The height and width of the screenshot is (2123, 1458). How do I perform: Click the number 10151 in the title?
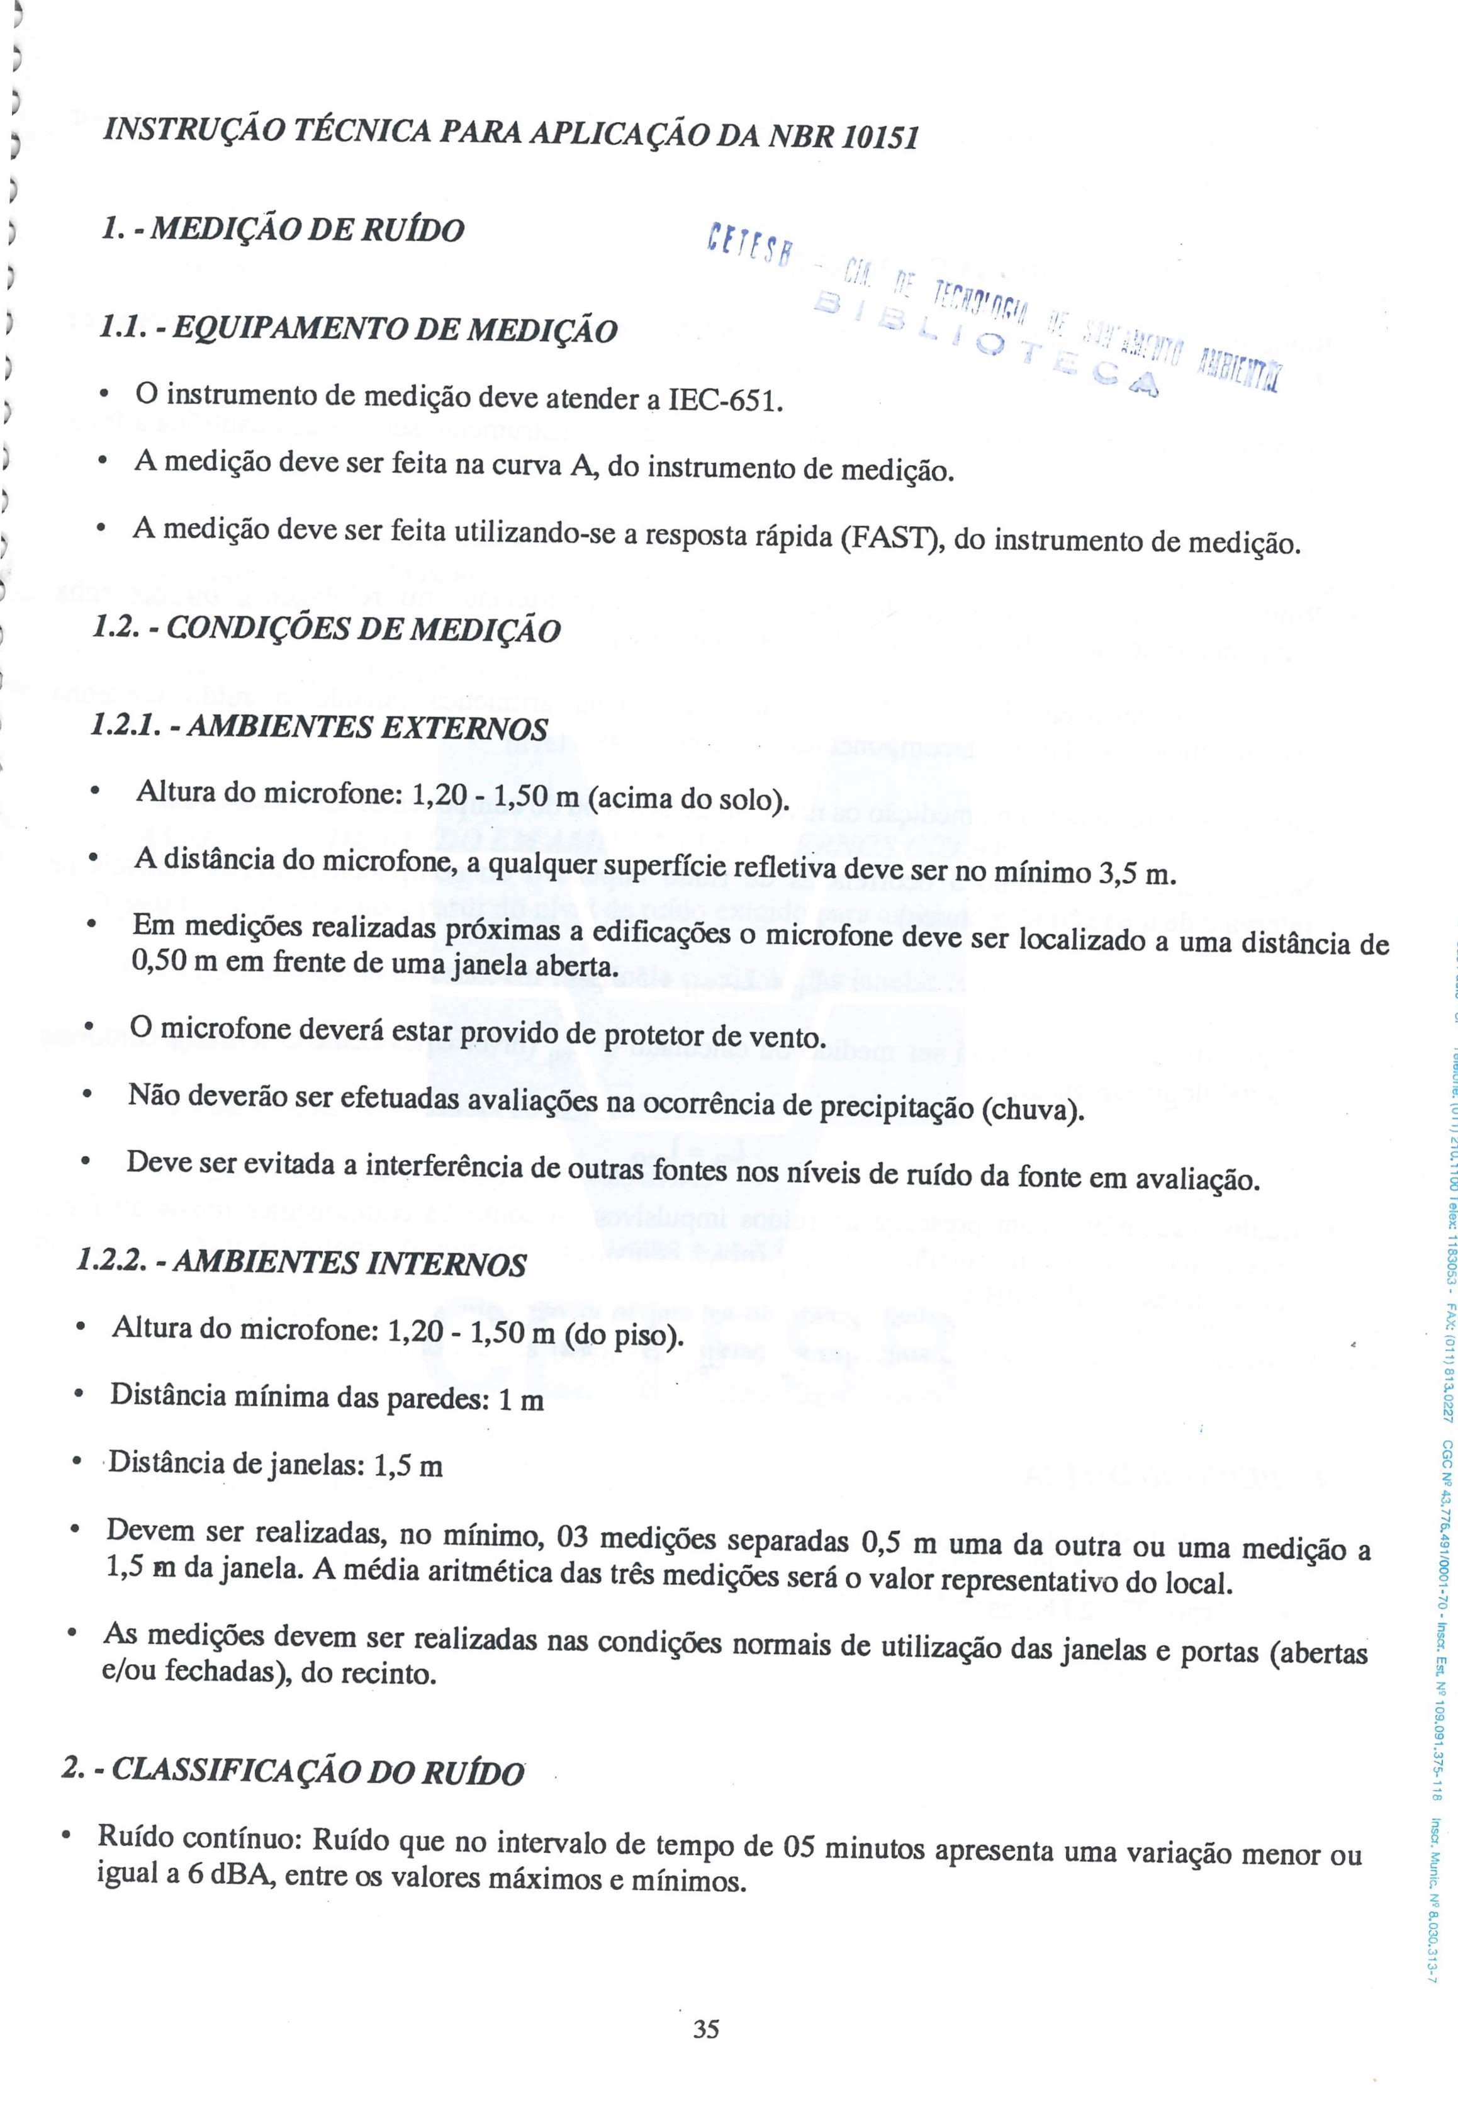(879, 137)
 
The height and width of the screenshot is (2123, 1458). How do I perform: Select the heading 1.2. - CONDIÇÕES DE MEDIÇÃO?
(327, 629)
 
